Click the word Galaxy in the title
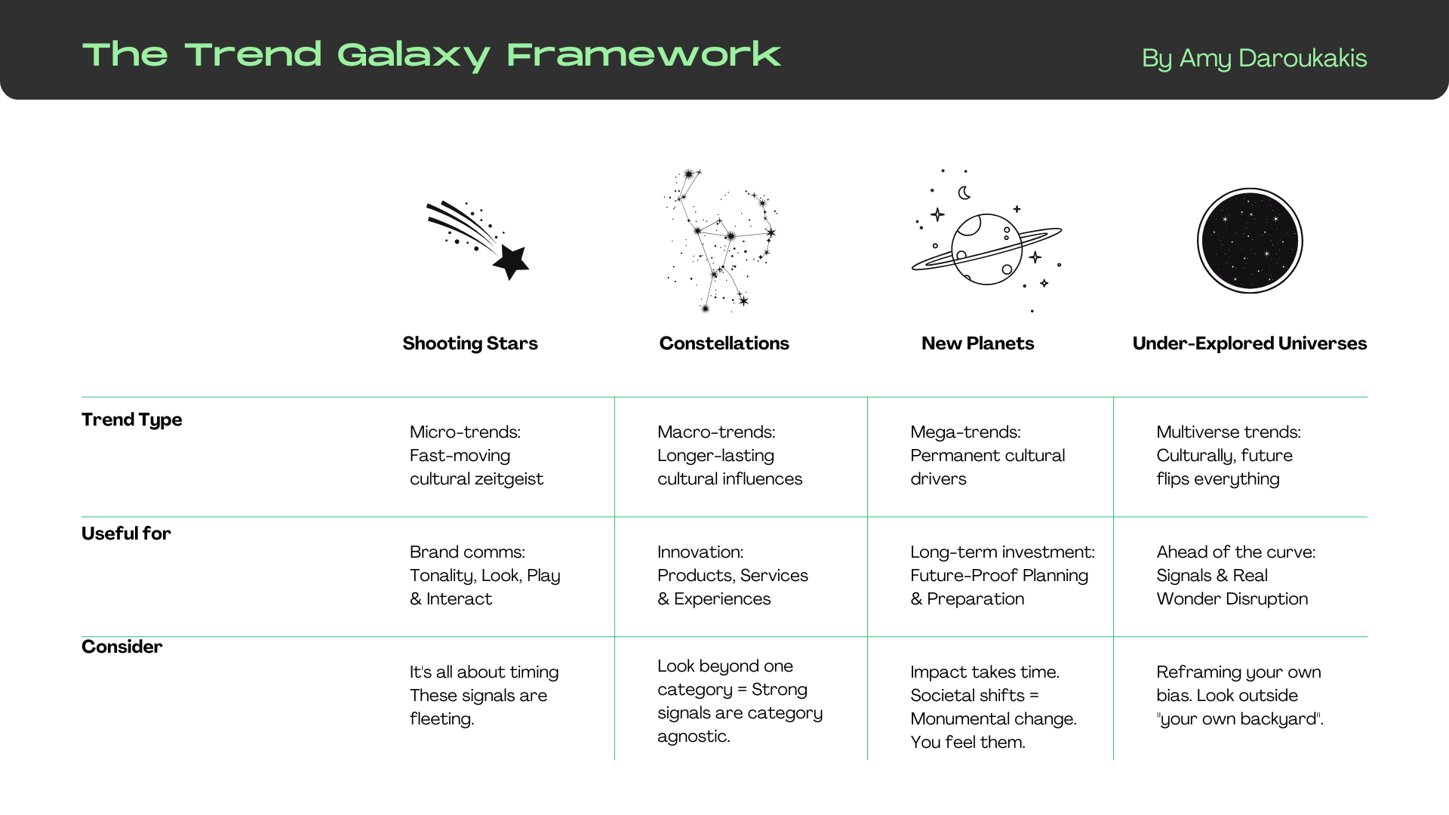pos(414,55)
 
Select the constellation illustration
pos(721,240)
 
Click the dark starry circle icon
pos(1250,241)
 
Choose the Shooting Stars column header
pos(470,343)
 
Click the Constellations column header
pos(724,343)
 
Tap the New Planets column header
pos(977,343)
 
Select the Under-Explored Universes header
pos(1249,343)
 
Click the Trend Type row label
pos(132,420)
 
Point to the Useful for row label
pos(126,534)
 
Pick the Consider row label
pos(122,647)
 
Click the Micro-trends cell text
pos(476,455)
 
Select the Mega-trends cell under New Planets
pos(987,455)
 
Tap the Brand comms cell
pos(485,575)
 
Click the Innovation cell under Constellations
pos(732,575)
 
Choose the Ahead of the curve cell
pos(1235,575)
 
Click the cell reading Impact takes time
pos(993,706)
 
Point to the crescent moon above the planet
pos(964,193)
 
